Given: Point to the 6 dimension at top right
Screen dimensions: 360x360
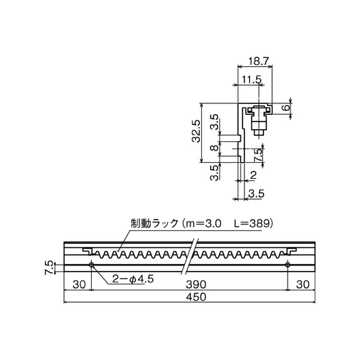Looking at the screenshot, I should (286, 107).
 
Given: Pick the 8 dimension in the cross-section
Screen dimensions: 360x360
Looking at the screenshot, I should (213, 149).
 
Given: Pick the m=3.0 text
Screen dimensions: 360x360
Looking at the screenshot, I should (204, 222).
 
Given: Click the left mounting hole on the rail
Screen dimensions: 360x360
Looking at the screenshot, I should (91, 265).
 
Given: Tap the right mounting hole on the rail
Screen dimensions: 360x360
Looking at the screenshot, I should (288, 265).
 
